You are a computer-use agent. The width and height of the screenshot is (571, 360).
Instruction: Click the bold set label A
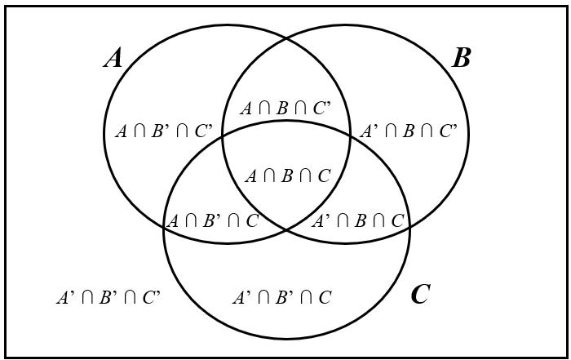113,58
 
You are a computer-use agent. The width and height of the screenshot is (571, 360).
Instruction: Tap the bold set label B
461,58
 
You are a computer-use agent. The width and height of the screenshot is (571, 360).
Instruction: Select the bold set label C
420,294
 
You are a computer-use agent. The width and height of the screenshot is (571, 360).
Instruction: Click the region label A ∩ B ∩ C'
285,108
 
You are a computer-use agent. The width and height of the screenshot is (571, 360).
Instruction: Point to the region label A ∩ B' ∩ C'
163,131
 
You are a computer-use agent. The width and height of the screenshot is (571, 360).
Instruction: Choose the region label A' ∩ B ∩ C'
409,131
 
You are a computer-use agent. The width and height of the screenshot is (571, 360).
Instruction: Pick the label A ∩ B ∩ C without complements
287,176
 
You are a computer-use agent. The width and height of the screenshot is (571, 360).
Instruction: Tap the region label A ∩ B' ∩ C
212,220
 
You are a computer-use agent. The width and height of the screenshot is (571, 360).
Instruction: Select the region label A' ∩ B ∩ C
358,220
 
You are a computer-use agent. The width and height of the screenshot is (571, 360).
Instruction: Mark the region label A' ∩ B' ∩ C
282,297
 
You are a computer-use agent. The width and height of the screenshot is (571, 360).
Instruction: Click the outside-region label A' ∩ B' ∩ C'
108,297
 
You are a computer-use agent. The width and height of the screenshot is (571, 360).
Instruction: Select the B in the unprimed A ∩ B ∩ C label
287,176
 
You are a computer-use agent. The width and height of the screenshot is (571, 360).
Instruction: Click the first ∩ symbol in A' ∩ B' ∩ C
262,298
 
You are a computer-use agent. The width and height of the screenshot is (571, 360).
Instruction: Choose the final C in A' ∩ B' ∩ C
325,297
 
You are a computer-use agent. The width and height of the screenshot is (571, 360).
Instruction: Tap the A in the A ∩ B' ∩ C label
172,220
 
